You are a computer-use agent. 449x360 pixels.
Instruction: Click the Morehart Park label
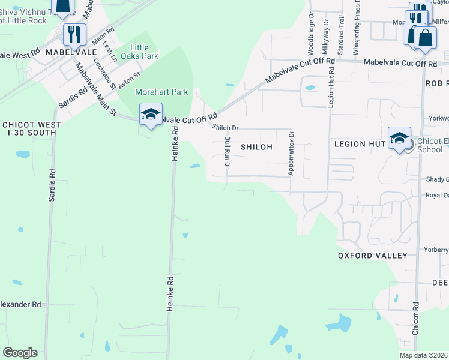tap(161, 92)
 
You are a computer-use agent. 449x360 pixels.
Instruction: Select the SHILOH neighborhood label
tap(256, 146)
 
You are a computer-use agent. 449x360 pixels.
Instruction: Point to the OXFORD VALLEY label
tap(372, 256)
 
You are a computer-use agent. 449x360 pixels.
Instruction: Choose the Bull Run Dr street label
tap(228, 153)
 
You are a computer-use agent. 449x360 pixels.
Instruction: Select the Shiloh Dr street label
tap(226, 127)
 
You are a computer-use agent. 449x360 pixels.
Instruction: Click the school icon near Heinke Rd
tap(151, 113)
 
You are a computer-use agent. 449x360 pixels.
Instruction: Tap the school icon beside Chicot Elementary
tap(399, 139)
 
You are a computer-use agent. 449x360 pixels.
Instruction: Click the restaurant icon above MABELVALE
tap(75, 34)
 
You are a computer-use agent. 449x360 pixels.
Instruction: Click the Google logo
tap(20, 353)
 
